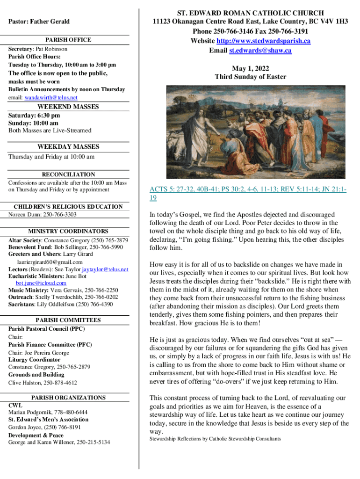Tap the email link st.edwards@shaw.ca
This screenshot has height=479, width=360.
pyautogui.click(x=260, y=51)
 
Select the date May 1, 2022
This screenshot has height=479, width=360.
pyautogui.click(x=250, y=68)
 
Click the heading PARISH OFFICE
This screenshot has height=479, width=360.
pyautogui.click(x=69, y=40)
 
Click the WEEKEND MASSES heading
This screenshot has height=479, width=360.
pyautogui.click(x=68, y=107)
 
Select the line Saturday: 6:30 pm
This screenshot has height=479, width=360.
pyautogui.click(x=34, y=115)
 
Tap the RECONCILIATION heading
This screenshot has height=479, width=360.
pyautogui.click(x=68, y=174)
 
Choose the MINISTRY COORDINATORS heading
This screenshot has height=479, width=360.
pyautogui.click(x=68, y=231)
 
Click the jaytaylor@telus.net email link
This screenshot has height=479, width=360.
pyautogui.click(x=105, y=270)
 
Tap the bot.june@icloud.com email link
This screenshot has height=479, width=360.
pyautogui.click(x=41, y=283)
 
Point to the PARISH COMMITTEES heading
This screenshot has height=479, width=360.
pyautogui.click(x=68, y=320)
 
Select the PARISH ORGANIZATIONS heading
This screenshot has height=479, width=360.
pyautogui.click(x=68, y=398)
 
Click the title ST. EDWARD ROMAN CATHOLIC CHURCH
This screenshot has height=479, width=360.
pyautogui.click(x=250, y=13)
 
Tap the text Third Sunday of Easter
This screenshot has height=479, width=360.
pyautogui.click(x=250, y=77)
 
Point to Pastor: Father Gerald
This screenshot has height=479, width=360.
pyautogui.click(x=39, y=22)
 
